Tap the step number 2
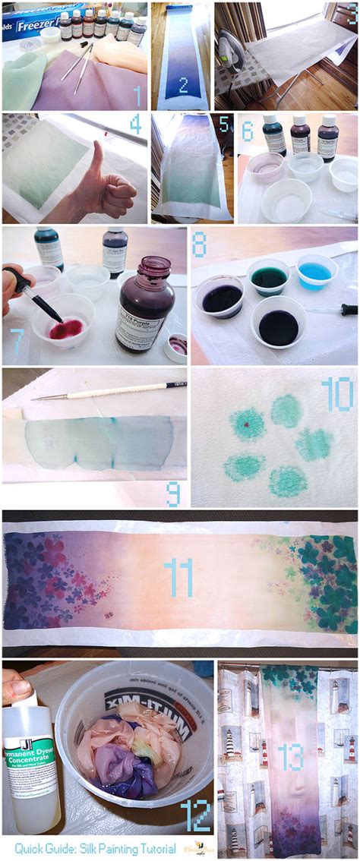click(182, 84)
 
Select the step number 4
click(135, 125)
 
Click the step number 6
click(248, 131)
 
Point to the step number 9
click(173, 494)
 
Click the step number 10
click(336, 395)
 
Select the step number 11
click(178, 579)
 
